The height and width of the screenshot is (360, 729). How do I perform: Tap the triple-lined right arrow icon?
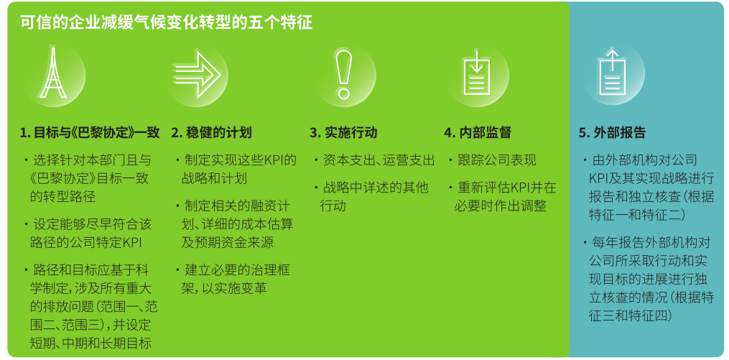[197, 75]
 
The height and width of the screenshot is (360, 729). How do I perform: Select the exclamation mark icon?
[343, 75]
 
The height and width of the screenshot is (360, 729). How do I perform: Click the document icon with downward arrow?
[477, 75]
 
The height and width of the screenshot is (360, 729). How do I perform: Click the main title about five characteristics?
[166, 22]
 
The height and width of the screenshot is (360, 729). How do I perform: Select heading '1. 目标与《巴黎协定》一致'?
[90, 133]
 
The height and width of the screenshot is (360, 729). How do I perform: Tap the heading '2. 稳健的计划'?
[212, 133]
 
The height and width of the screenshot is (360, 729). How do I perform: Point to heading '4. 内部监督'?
[478, 133]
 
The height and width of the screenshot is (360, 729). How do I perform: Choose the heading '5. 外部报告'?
[613, 133]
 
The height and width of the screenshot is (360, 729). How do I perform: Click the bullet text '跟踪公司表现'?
[497, 160]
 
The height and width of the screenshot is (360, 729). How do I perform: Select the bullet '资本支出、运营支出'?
[379, 160]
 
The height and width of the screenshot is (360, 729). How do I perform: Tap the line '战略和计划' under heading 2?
[214, 179]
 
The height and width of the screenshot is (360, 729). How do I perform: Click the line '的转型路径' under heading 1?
[62, 197]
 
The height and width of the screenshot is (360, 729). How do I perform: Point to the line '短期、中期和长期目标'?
[90, 343]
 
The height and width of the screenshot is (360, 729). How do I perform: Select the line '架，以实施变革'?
[223, 288]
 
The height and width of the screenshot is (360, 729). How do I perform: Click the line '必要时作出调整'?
[500, 206]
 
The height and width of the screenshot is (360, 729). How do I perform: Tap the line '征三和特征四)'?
[629, 315]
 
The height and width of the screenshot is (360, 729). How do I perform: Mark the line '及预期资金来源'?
[227, 243]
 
